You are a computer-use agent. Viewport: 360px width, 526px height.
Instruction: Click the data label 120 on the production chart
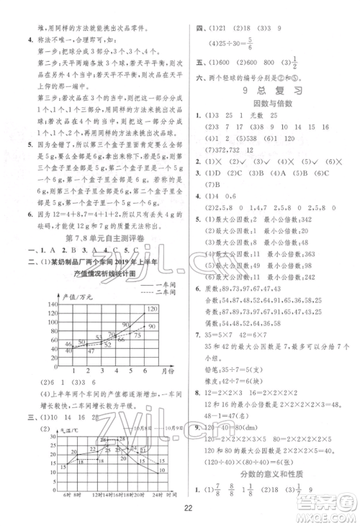(x=153, y=289)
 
